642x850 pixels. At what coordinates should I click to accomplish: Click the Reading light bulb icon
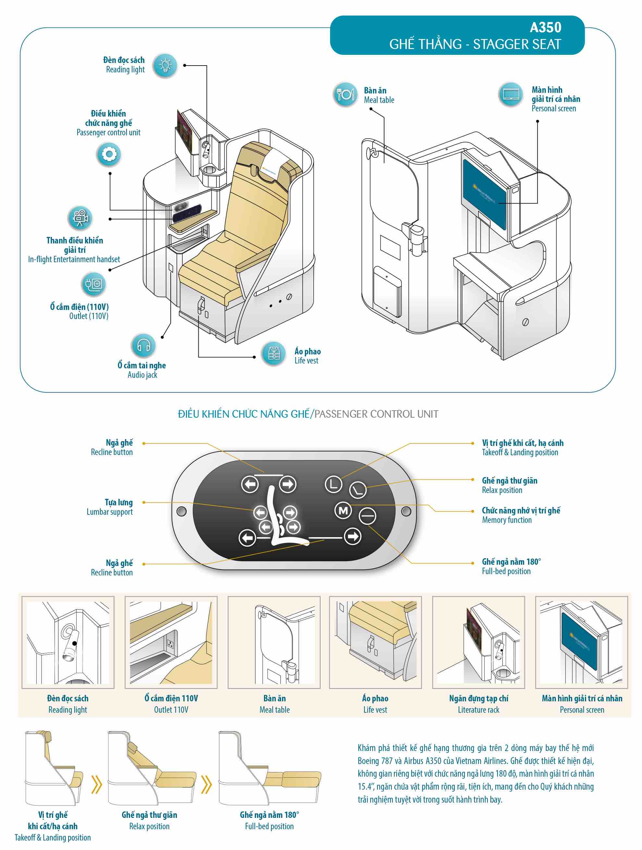(x=165, y=66)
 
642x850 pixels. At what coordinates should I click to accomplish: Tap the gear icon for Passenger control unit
(x=109, y=154)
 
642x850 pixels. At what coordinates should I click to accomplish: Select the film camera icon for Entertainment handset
(x=80, y=218)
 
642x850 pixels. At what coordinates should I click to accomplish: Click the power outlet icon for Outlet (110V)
(x=93, y=284)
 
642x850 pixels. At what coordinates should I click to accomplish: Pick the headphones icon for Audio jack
(x=144, y=345)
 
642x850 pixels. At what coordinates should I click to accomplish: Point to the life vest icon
(x=274, y=353)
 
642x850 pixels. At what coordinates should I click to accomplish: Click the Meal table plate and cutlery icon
(x=345, y=94)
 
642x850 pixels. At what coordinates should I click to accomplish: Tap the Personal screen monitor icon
(x=511, y=94)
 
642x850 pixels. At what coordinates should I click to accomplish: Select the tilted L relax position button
(x=358, y=490)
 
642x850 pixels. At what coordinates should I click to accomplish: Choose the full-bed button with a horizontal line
(x=367, y=516)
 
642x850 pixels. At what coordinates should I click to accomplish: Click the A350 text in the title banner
(x=546, y=28)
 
